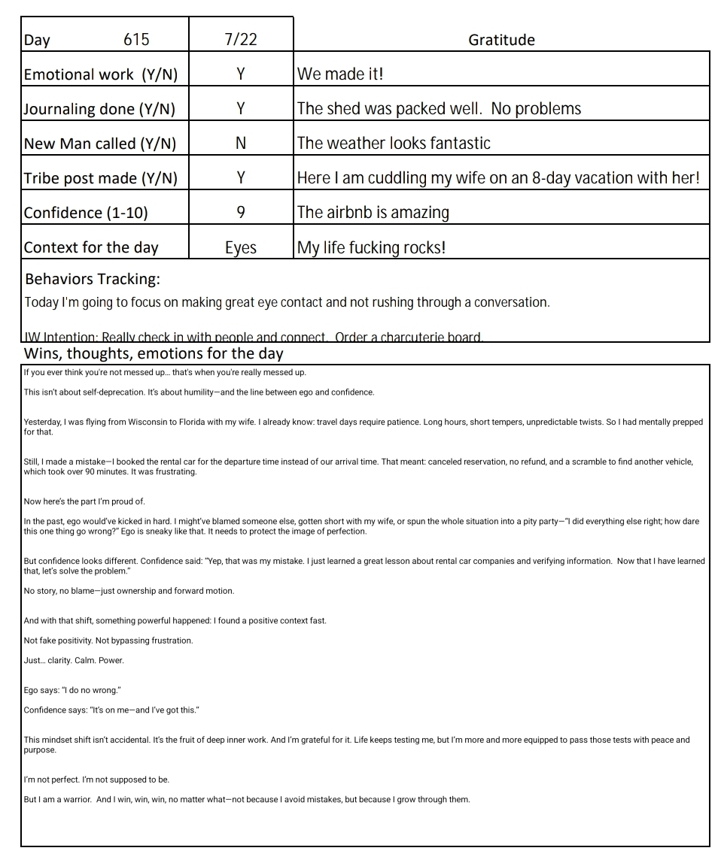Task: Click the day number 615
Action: pyautogui.click(x=136, y=39)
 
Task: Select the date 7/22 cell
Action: pyautogui.click(x=241, y=39)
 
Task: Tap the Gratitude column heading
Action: pyautogui.click(x=501, y=40)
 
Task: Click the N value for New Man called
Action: pyautogui.click(x=241, y=143)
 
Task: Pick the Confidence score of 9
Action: pyautogui.click(x=241, y=212)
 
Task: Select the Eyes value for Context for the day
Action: pyautogui.click(x=241, y=247)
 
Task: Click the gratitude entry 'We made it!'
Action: pyautogui.click(x=341, y=74)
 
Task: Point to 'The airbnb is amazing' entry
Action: pyautogui.click(x=373, y=212)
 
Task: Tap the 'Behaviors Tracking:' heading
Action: pyautogui.click(x=93, y=279)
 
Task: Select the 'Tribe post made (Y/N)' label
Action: pyautogui.click(x=101, y=178)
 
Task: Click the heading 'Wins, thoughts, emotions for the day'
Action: pyautogui.click(x=154, y=353)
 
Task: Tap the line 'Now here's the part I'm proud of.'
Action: pyautogui.click(x=84, y=501)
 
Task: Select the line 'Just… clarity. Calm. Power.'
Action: pyautogui.click(x=74, y=661)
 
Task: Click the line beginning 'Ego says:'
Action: pyautogui.click(x=72, y=690)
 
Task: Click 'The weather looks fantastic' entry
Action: pyautogui.click(x=394, y=143)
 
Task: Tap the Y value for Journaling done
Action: pyautogui.click(x=241, y=108)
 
